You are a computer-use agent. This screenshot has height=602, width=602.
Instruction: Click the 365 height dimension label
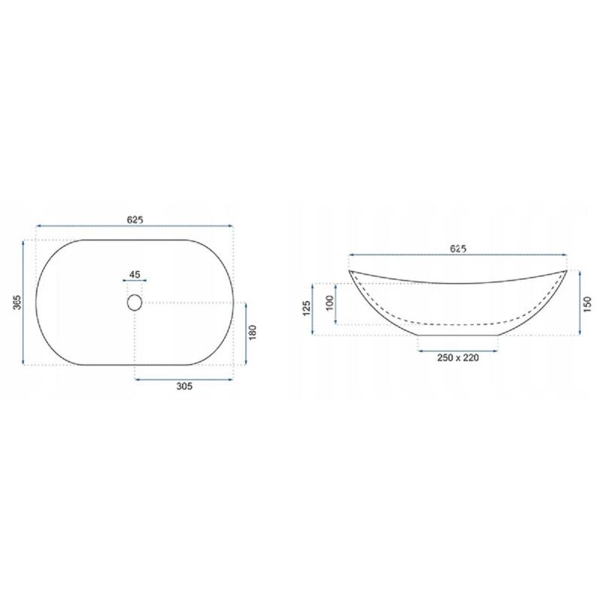tap(17, 303)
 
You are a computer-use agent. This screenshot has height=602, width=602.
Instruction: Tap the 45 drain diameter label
tap(135, 275)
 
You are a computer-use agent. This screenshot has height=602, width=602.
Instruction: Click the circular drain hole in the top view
tap(135, 303)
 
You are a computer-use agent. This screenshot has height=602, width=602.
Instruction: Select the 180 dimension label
tap(252, 333)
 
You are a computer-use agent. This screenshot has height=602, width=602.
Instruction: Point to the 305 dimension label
tap(184, 386)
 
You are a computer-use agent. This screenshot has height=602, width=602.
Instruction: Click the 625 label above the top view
tap(135, 220)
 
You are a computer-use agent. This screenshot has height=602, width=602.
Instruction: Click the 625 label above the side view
tap(458, 249)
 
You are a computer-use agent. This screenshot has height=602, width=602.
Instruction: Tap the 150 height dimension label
tap(587, 305)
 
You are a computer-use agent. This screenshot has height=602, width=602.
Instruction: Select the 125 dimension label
tap(306, 309)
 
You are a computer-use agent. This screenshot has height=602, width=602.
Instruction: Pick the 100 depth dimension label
tap(330, 303)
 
